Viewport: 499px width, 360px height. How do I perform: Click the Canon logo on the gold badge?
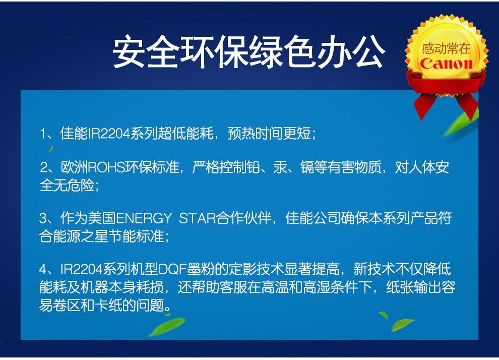[446, 64]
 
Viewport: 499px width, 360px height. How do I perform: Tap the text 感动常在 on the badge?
[446, 49]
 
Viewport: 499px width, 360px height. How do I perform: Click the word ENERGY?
[144, 219]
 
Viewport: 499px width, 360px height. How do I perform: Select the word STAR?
[197, 219]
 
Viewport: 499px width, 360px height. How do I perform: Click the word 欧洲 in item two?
[74, 167]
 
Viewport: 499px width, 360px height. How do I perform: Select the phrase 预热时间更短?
[269, 133]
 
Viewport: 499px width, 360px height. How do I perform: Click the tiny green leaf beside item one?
[50, 148]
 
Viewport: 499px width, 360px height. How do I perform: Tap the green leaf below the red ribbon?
[460, 123]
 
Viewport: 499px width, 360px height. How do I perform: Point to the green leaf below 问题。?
[167, 326]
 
